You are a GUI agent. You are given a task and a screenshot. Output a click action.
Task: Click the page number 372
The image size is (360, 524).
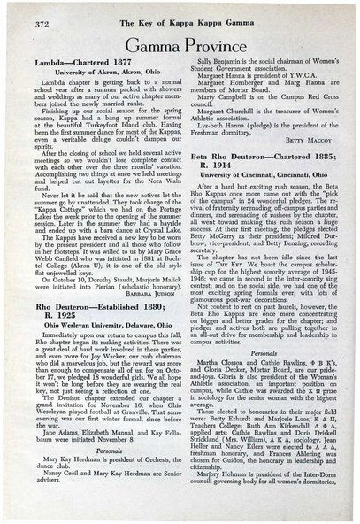[x=28, y=17]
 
